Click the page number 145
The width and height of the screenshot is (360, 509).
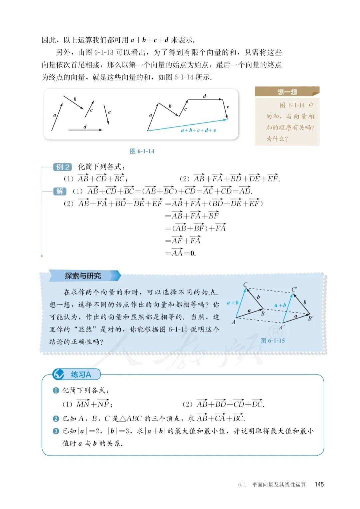point(319,484)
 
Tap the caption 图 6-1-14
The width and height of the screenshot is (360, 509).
point(142,151)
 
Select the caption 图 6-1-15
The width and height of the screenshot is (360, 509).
point(272,341)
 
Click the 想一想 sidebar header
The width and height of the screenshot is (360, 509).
point(287,92)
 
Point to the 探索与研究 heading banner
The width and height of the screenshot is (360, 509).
point(83,276)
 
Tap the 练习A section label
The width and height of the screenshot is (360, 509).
point(81,375)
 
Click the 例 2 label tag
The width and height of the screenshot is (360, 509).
point(63,167)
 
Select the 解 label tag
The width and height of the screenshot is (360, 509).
point(60,191)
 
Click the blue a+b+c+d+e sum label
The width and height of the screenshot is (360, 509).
point(198,130)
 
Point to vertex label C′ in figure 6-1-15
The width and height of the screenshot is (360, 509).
point(294,289)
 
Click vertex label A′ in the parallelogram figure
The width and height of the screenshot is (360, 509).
point(282,327)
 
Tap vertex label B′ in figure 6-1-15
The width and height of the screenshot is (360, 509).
point(311,318)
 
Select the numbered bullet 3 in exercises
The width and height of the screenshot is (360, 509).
point(56,431)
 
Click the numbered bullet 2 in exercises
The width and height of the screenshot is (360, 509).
point(56,418)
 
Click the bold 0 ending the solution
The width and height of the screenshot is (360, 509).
point(192,253)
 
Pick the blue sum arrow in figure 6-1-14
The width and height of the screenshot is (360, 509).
point(187,125)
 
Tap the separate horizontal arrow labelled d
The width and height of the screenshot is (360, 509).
point(85,130)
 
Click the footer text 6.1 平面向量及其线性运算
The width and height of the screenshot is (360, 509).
point(272,484)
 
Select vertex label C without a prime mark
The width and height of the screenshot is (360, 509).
point(245,285)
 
